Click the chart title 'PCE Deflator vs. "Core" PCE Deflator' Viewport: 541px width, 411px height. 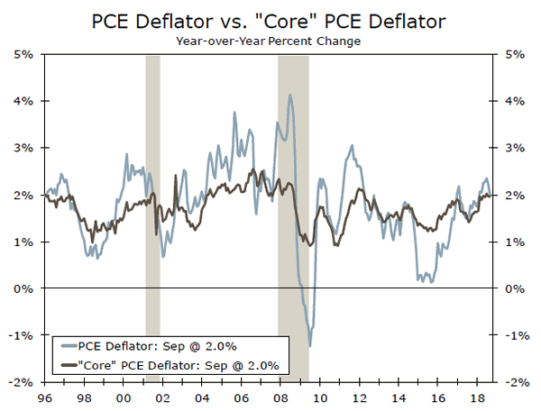coord(270,19)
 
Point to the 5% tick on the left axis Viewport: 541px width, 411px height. coord(23,55)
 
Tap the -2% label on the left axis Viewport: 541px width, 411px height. coord(22,382)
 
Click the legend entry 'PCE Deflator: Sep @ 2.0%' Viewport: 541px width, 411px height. coord(159,345)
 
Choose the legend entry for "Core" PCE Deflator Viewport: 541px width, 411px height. coord(177,364)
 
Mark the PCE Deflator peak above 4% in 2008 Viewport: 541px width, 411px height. coord(289,95)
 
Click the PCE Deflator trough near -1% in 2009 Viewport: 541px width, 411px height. coord(310,345)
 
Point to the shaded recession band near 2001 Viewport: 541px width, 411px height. coord(152,216)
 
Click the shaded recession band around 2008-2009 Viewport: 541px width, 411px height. coord(293,216)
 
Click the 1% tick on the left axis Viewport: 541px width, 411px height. coord(23,242)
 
